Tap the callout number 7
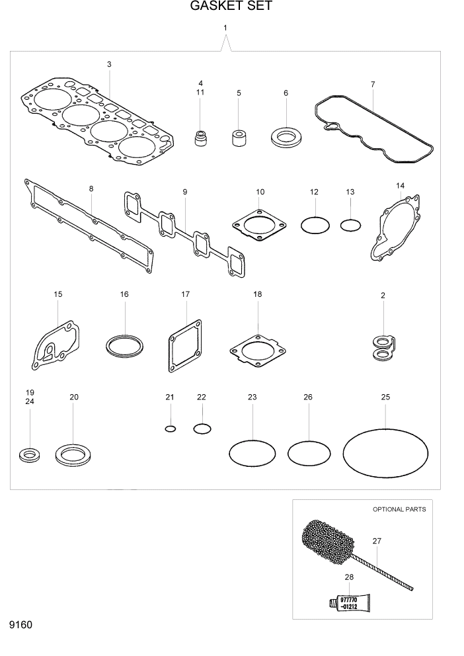[373, 84]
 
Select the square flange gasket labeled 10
[260, 226]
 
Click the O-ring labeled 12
[315, 225]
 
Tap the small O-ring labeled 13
[350, 225]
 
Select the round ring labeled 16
[124, 345]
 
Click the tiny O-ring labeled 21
[170, 429]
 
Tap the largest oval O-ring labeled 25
[385, 452]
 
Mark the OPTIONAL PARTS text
[399, 509]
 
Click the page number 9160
[20, 625]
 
